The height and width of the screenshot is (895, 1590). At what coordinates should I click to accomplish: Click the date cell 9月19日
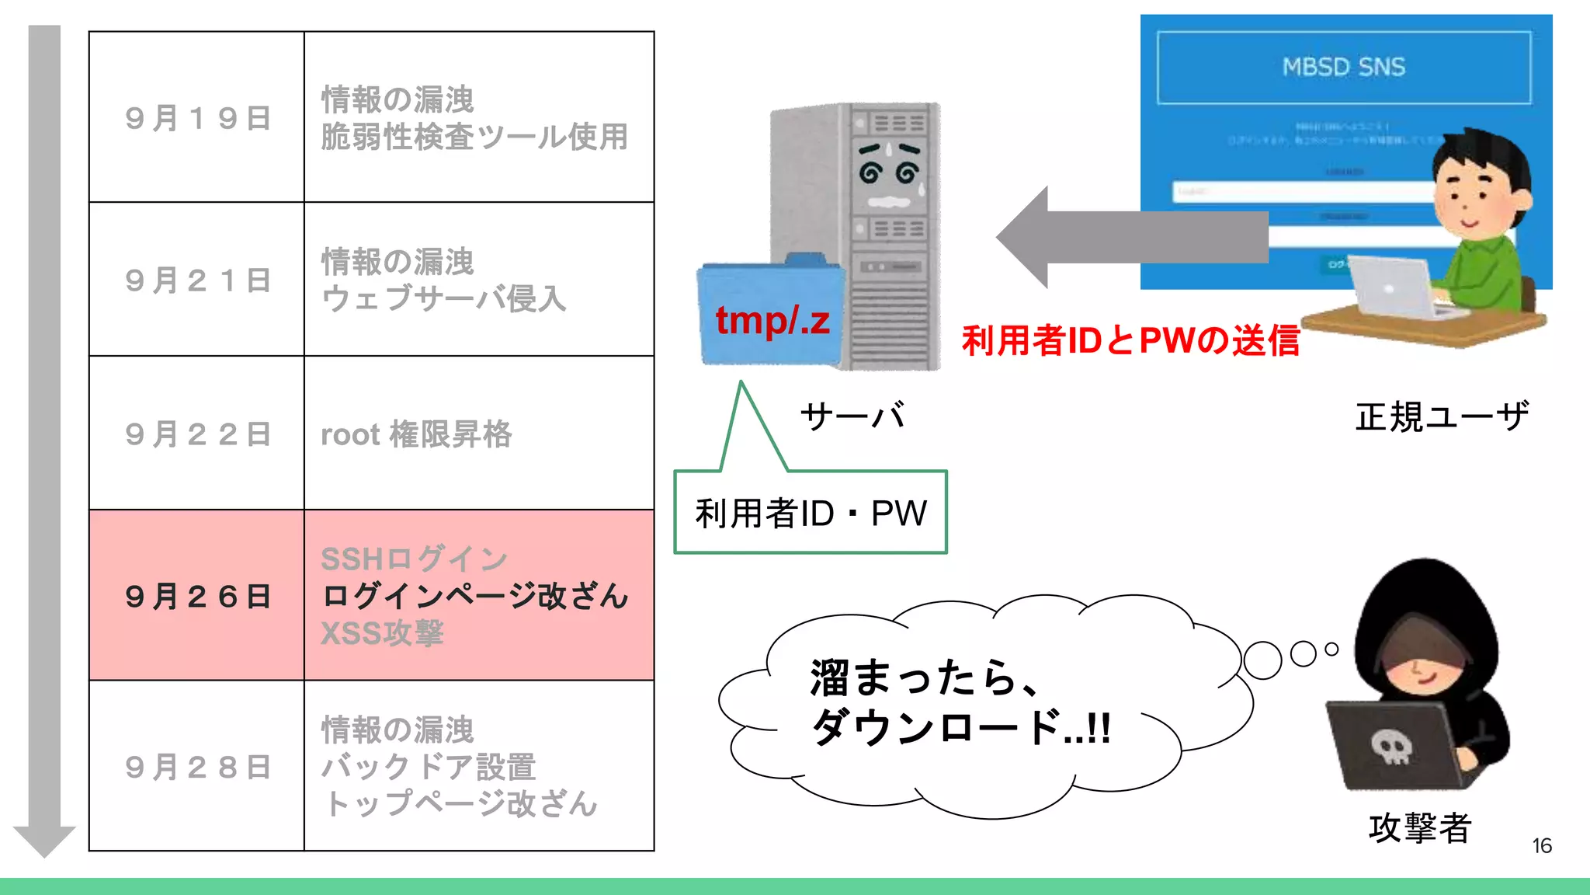pos(197,118)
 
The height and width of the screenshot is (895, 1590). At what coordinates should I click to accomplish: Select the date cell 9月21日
pos(197,280)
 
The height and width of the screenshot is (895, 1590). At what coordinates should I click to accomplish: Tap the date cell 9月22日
pos(197,434)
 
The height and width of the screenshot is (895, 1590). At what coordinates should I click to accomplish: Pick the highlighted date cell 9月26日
pos(197,597)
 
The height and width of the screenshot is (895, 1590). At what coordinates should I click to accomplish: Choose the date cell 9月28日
pos(197,767)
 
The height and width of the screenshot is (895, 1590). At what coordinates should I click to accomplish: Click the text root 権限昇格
pos(416,434)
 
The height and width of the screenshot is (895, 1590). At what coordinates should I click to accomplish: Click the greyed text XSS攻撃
pos(382,633)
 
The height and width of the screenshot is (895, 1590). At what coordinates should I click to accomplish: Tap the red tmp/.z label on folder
pos(772,320)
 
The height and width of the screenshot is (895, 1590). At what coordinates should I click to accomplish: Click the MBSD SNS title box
pos(1343,68)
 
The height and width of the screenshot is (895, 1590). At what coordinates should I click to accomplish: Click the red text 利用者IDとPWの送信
pos(1130,340)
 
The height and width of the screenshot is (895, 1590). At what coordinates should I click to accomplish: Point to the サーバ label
pos(852,416)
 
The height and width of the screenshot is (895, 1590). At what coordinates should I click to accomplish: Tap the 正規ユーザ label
pos(1442,416)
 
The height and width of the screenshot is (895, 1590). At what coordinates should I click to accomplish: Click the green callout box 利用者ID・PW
pos(811,513)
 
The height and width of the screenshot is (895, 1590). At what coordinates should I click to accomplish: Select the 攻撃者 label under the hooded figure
pos(1419,827)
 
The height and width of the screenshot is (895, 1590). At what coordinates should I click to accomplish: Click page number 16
pos(1542,846)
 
